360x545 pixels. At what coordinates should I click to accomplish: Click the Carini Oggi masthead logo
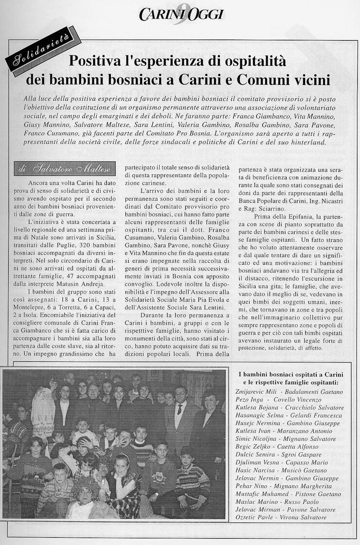click(180, 15)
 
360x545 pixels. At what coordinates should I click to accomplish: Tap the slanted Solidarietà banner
click(43, 51)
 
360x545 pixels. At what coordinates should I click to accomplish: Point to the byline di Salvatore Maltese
click(64, 169)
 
